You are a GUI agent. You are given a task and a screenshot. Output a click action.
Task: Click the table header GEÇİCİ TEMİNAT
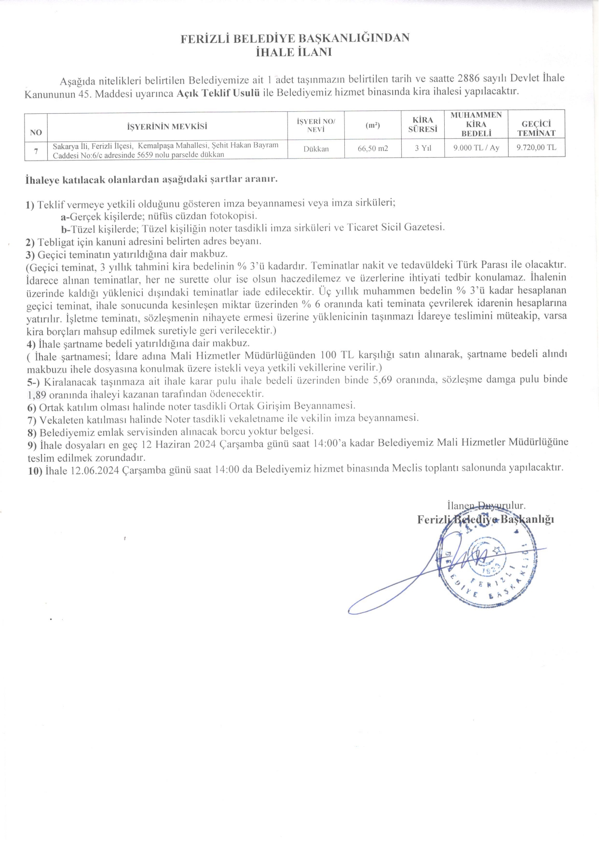coord(536,129)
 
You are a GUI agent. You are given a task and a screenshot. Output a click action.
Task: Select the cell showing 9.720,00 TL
coord(536,148)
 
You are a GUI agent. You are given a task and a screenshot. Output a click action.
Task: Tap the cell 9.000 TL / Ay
coord(476,148)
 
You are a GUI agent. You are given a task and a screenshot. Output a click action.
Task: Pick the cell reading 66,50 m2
coord(373,148)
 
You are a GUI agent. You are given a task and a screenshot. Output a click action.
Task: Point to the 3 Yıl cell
coord(422,148)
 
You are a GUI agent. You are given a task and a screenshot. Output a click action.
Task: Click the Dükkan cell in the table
coord(316,149)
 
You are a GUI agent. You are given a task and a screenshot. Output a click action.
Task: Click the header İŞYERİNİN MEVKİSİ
coord(167,127)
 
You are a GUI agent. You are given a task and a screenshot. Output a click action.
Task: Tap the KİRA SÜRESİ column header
coord(422,124)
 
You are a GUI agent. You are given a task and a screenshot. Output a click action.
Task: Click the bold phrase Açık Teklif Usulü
coord(218,93)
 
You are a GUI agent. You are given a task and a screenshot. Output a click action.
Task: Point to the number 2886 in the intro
coord(468,78)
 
